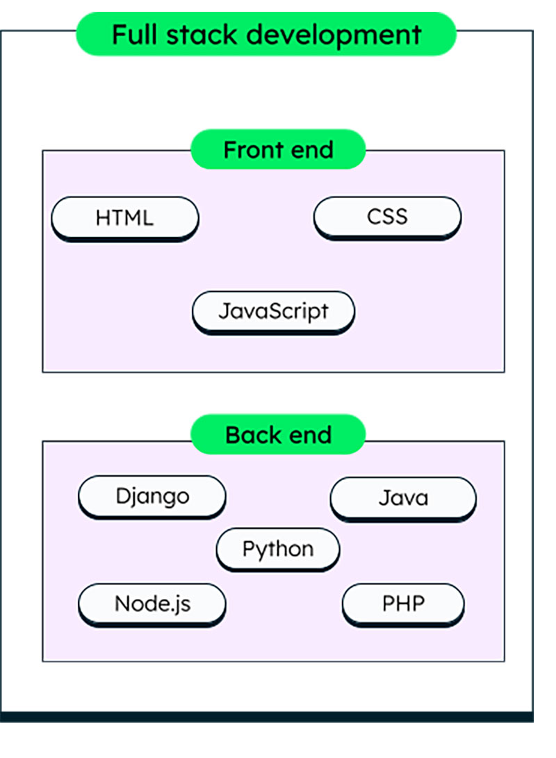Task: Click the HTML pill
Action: coord(125,218)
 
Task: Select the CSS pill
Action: coord(387,217)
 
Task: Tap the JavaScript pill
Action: coord(273,311)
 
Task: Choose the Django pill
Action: coord(152,497)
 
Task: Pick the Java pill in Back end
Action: coord(403,498)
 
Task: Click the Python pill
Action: coord(278,549)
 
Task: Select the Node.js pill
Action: coord(152,604)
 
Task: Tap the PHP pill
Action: coord(403,604)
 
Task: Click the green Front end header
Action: coord(278,149)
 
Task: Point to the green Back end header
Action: coord(278,435)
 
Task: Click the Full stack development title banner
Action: coord(266,33)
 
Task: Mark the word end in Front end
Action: coord(311,149)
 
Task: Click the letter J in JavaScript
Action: coord(224,311)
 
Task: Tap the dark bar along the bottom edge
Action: coord(267,716)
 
